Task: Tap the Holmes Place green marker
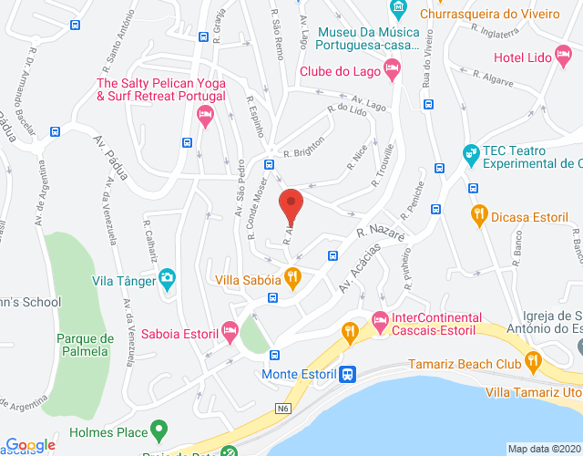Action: (x=159, y=428)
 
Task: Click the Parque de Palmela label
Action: (x=85, y=345)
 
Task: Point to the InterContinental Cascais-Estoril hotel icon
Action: (x=380, y=319)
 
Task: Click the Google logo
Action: (x=29, y=445)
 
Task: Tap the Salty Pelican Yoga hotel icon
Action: (x=204, y=115)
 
